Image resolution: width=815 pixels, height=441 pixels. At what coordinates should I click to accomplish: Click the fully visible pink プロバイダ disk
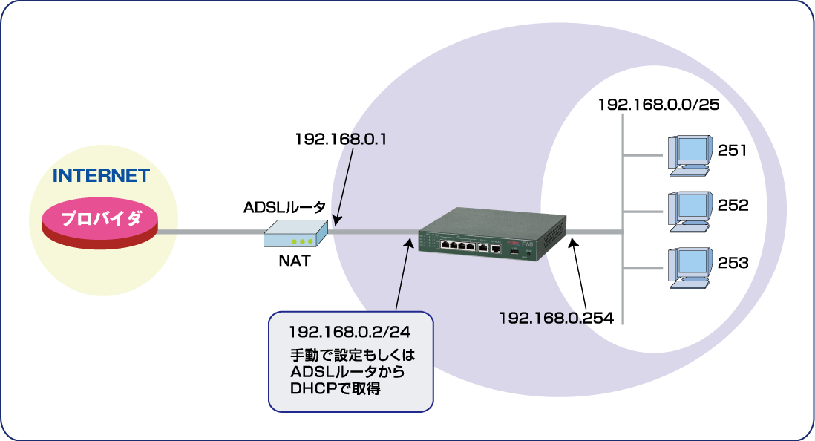100,220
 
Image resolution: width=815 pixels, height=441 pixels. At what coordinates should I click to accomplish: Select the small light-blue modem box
295,234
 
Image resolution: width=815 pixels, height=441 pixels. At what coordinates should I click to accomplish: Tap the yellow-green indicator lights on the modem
301,241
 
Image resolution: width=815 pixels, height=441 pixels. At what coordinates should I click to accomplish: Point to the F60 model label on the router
528,241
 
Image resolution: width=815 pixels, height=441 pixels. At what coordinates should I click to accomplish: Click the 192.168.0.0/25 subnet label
659,104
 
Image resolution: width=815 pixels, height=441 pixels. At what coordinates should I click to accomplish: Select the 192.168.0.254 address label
556,318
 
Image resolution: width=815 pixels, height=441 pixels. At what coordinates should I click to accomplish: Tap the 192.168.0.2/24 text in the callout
339,331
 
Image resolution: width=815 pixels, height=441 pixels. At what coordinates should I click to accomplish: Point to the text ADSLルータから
348,371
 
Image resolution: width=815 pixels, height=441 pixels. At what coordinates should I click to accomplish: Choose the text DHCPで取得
336,388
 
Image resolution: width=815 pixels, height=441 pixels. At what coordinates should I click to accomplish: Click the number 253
733,262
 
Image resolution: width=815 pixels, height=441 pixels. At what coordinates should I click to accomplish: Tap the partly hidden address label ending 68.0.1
363,139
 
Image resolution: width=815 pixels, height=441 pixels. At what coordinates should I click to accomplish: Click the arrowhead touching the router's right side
572,241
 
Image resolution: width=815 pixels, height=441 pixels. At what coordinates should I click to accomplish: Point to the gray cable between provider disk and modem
211,232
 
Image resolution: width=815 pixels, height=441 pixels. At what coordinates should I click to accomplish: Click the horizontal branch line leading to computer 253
643,267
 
